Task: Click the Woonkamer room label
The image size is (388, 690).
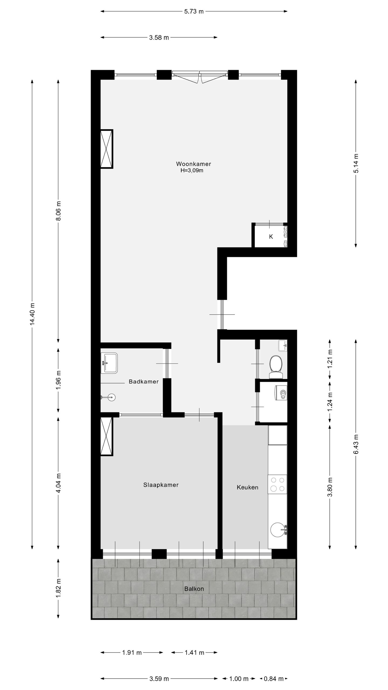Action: pos(193,164)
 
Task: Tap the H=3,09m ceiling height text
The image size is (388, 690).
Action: pos(192,170)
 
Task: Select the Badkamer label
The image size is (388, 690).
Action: pos(143,381)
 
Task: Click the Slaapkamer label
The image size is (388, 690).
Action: pos(161,485)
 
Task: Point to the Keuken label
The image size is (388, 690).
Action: pos(247,487)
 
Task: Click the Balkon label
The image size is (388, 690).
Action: pos(194,589)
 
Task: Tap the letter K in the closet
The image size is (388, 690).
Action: pos(271,237)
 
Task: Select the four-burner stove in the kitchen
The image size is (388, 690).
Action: pos(277,484)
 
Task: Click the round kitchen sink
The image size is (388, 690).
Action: pos(277,530)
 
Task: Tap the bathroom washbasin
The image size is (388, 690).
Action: pos(109,363)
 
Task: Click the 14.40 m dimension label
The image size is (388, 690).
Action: pos(32,314)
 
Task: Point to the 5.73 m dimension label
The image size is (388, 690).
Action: pos(194,11)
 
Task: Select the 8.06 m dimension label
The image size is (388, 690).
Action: pos(58,211)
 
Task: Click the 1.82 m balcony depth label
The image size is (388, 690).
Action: pos(58,588)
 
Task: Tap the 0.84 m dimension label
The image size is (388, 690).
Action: pos(273,679)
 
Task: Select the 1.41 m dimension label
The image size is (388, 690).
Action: pos(194,653)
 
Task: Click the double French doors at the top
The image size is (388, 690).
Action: pos(200,76)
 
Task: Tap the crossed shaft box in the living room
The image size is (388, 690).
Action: pos(106,149)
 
